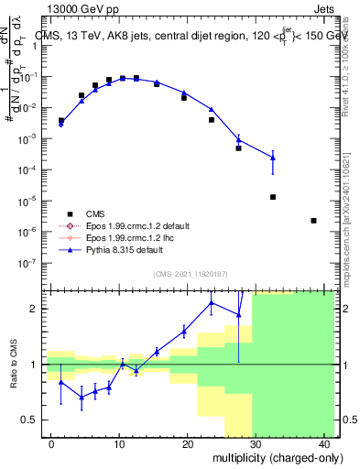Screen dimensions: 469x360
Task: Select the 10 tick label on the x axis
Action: pyautogui.click(x=119, y=444)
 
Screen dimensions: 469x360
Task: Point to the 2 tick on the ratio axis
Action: pyautogui.click(x=39, y=309)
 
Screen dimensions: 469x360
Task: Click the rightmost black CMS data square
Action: pyautogui.click(x=313, y=220)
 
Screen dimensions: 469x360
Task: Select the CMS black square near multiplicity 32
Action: pyautogui.click(x=273, y=197)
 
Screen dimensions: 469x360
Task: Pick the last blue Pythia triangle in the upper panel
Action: pyautogui.click(x=273, y=158)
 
